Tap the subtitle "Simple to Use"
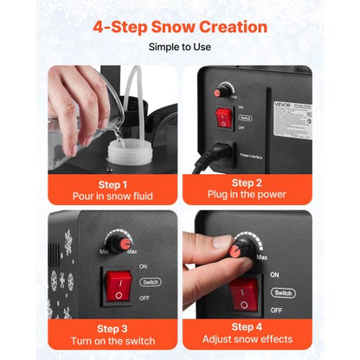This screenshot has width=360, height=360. click(180, 47)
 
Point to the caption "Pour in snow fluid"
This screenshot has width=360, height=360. click(113, 196)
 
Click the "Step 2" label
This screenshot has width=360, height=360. click(247, 183)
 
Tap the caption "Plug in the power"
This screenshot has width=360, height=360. click(247, 196)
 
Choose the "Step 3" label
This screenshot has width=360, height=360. click(113, 327)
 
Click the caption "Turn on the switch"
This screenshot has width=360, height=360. click(113, 340)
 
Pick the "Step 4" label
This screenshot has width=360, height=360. click(247, 327)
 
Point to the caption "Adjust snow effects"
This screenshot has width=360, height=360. click(247, 340)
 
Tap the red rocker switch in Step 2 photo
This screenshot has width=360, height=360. click(224, 116)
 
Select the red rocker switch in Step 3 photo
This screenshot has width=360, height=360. click(119, 288)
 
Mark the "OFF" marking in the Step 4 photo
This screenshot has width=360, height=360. click(276, 309)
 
